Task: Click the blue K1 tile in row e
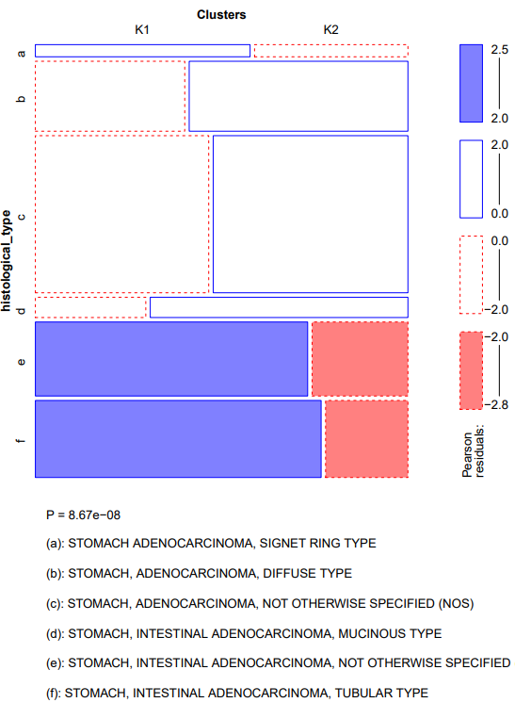point(171,359)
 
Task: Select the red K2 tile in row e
point(360,359)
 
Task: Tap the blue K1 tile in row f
point(178,438)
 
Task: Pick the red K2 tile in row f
point(366,438)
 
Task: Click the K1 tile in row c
point(121,214)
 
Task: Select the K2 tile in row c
point(310,214)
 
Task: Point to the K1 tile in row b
point(110,96)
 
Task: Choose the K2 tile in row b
point(298,96)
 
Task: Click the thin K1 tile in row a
point(142,51)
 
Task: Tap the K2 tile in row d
point(279,307)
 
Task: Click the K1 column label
point(142,30)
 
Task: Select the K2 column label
point(330,30)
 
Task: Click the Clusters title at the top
point(222,13)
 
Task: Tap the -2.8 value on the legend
point(495,405)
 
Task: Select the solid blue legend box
point(470,83)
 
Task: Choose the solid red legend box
point(470,370)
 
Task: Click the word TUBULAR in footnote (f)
point(355,693)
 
